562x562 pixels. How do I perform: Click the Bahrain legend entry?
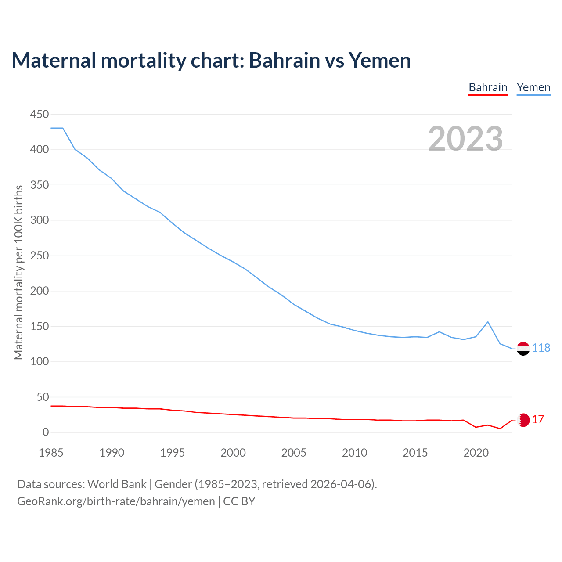[488, 87]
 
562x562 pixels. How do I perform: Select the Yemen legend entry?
[533, 87]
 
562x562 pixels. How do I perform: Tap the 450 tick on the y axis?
[40, 114]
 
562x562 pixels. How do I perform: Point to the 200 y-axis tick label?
[40, 291]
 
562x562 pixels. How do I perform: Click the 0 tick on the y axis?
[46, 432]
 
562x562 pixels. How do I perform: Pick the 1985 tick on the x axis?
[51, 453]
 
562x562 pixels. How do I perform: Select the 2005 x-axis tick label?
[294, 453]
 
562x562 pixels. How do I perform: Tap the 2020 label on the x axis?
[476, 453]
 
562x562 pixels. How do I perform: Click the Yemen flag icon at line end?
[523, 349]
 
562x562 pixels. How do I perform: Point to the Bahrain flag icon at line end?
[523, 420]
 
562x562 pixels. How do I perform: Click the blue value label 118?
[541, 348]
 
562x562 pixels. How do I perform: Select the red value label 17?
[538, 420]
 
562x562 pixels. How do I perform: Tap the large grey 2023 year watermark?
[465, 139]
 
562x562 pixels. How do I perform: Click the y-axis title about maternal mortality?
[18, 272]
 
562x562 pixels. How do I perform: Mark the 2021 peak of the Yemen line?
[488, 322]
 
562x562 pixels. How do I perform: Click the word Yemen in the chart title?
[380, 60]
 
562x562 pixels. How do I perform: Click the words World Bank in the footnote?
[117, 484]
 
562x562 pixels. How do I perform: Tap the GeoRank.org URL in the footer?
[116, 501]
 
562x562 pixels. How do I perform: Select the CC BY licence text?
[239, 501]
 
